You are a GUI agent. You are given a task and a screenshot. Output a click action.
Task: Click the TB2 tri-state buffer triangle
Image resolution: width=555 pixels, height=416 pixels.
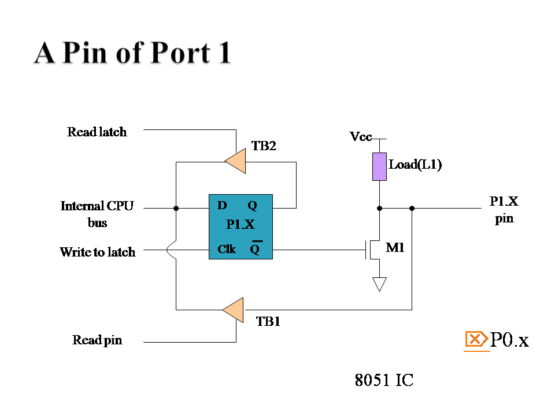236,161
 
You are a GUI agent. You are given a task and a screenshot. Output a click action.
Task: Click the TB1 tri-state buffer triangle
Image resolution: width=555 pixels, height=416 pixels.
234,310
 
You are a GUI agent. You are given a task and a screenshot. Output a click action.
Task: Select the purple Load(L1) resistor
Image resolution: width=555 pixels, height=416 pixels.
379,166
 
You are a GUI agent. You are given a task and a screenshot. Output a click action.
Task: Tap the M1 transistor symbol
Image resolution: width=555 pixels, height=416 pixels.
373,249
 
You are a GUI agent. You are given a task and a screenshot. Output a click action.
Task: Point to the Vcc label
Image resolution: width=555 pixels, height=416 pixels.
361,136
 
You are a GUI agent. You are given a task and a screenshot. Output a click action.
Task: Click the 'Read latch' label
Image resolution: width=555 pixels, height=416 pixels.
97,132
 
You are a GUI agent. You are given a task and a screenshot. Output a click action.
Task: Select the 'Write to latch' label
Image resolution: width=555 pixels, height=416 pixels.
98,252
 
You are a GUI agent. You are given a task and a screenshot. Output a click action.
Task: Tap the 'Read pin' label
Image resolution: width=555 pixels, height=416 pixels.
97,340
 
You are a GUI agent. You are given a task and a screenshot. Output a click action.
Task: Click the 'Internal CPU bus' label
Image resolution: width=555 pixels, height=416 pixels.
97,214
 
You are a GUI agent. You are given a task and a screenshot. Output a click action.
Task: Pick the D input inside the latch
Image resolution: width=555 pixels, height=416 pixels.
222,205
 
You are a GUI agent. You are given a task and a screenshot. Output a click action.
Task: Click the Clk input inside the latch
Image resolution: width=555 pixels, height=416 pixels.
227,249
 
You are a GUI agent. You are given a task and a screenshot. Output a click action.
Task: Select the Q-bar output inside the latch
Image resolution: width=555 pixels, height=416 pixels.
256,248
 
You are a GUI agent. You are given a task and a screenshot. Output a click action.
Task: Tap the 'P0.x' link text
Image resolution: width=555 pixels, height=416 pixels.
509,340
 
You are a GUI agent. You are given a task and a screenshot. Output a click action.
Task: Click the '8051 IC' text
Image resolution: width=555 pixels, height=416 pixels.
384,380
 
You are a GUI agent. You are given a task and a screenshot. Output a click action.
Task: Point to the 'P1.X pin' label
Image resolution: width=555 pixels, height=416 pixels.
504,210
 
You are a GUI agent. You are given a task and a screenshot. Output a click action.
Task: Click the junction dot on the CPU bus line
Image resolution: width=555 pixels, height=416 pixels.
176,209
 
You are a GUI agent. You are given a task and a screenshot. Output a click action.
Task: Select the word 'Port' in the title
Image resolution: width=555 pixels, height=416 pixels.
180,53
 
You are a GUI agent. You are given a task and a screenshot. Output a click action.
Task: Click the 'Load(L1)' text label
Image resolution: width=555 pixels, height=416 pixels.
415,165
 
